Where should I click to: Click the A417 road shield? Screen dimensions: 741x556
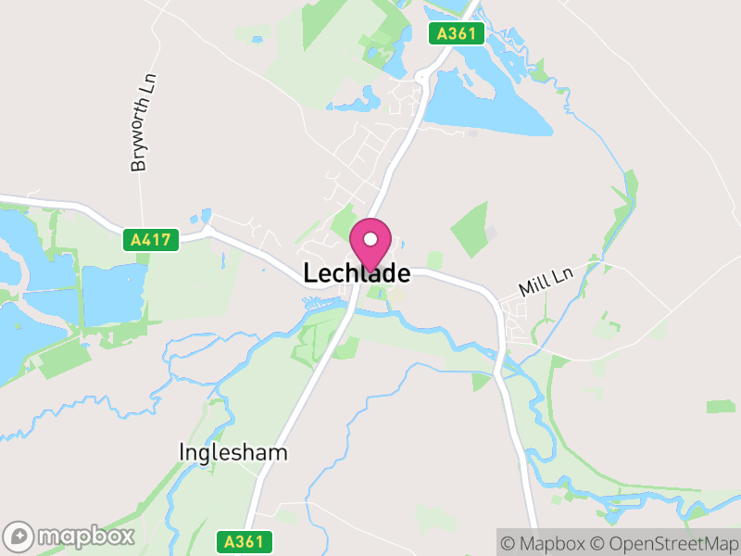pyautogui.click(x=150, y=240)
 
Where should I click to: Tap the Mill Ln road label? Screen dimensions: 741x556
pyautogui.click(x=546, y=282)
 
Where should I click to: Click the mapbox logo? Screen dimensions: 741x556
pyautogui.click(x=69, y=536)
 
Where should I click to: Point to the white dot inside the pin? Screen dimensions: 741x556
pyautogui.click(x=370, y=239)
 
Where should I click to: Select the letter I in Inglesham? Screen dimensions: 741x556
pyautogui.click(x=182, y=452)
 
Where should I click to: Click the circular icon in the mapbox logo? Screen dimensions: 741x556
pyautogui.click(x=19, y=536)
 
